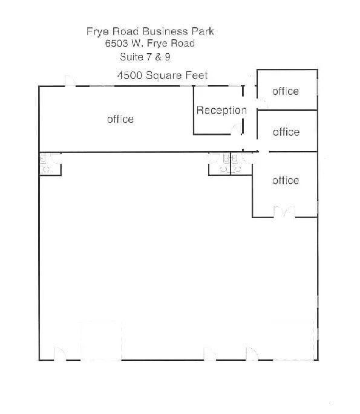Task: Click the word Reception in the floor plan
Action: coord(221,111)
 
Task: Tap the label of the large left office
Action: coord(120,119)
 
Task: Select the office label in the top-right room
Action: coord(286,91)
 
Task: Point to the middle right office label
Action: coord(286,132)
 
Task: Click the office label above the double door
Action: coord(286,180)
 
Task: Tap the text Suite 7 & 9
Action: coord(145,57)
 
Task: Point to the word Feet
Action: coord(196,76)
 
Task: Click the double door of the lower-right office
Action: coord(284,212)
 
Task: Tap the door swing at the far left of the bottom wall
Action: coord(61,354)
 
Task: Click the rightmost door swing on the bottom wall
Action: coord(250,354)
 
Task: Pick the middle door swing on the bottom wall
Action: coord(209,354)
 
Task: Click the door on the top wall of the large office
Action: coord(70,81)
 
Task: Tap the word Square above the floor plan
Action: coord(163,76)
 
